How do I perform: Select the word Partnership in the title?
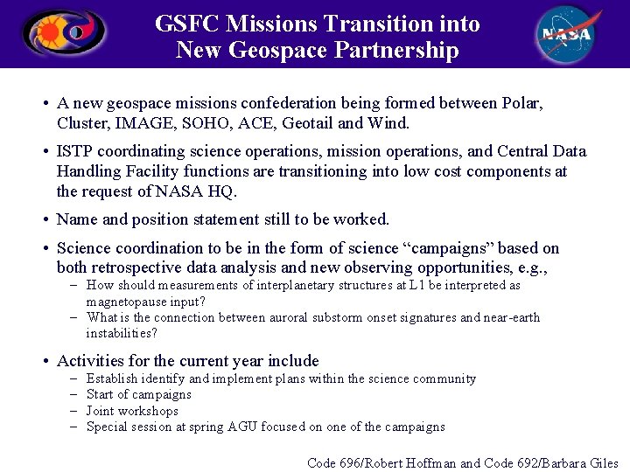401,51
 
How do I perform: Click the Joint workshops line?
132,411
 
